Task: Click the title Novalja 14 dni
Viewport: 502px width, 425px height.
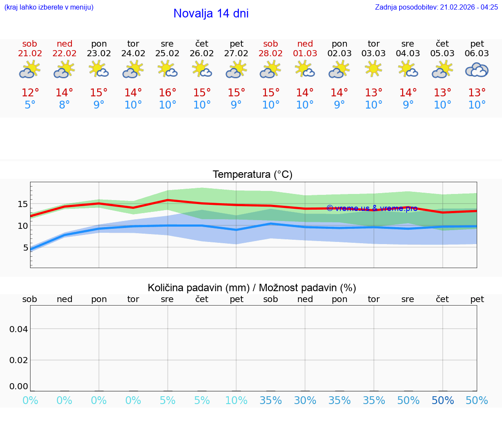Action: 211,14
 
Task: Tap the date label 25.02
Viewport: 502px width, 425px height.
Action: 167,54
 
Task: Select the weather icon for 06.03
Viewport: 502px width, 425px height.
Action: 477,70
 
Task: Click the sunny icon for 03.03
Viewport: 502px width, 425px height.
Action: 373,69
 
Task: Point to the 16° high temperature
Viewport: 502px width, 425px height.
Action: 167,93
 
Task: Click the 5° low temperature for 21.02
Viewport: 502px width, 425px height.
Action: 30,105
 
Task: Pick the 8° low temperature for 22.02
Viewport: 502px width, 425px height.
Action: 64,105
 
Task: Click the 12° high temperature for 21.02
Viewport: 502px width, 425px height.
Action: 30,93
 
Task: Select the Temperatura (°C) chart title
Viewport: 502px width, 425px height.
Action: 252,175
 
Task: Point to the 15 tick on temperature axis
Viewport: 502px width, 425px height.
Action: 23,204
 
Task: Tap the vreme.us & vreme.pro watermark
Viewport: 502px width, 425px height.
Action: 372,208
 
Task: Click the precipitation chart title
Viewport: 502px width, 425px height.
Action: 252,288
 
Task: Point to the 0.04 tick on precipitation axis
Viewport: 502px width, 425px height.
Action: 19,329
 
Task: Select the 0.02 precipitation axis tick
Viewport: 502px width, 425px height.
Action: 19,360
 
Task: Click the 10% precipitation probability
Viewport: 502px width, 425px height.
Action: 236,401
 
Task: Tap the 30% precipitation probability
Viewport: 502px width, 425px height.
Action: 305,401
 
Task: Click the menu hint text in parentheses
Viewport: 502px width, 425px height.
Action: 49,7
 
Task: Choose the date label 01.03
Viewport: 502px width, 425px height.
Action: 305,54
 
